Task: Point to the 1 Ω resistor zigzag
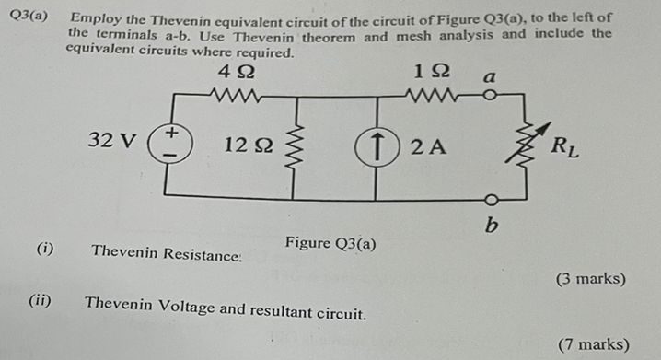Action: tap(433, 94)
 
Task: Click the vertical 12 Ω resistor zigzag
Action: tap(296, 147)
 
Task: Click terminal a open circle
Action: tap(493, 94)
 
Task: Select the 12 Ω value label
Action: tap(247, 145)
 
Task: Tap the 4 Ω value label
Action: tap(238, 70)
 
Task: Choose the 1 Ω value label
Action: tap(432, 70)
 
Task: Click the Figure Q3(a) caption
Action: tap(330, 243)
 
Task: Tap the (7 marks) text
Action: tap(594, 344)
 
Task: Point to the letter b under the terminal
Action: tap(493, 225)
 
